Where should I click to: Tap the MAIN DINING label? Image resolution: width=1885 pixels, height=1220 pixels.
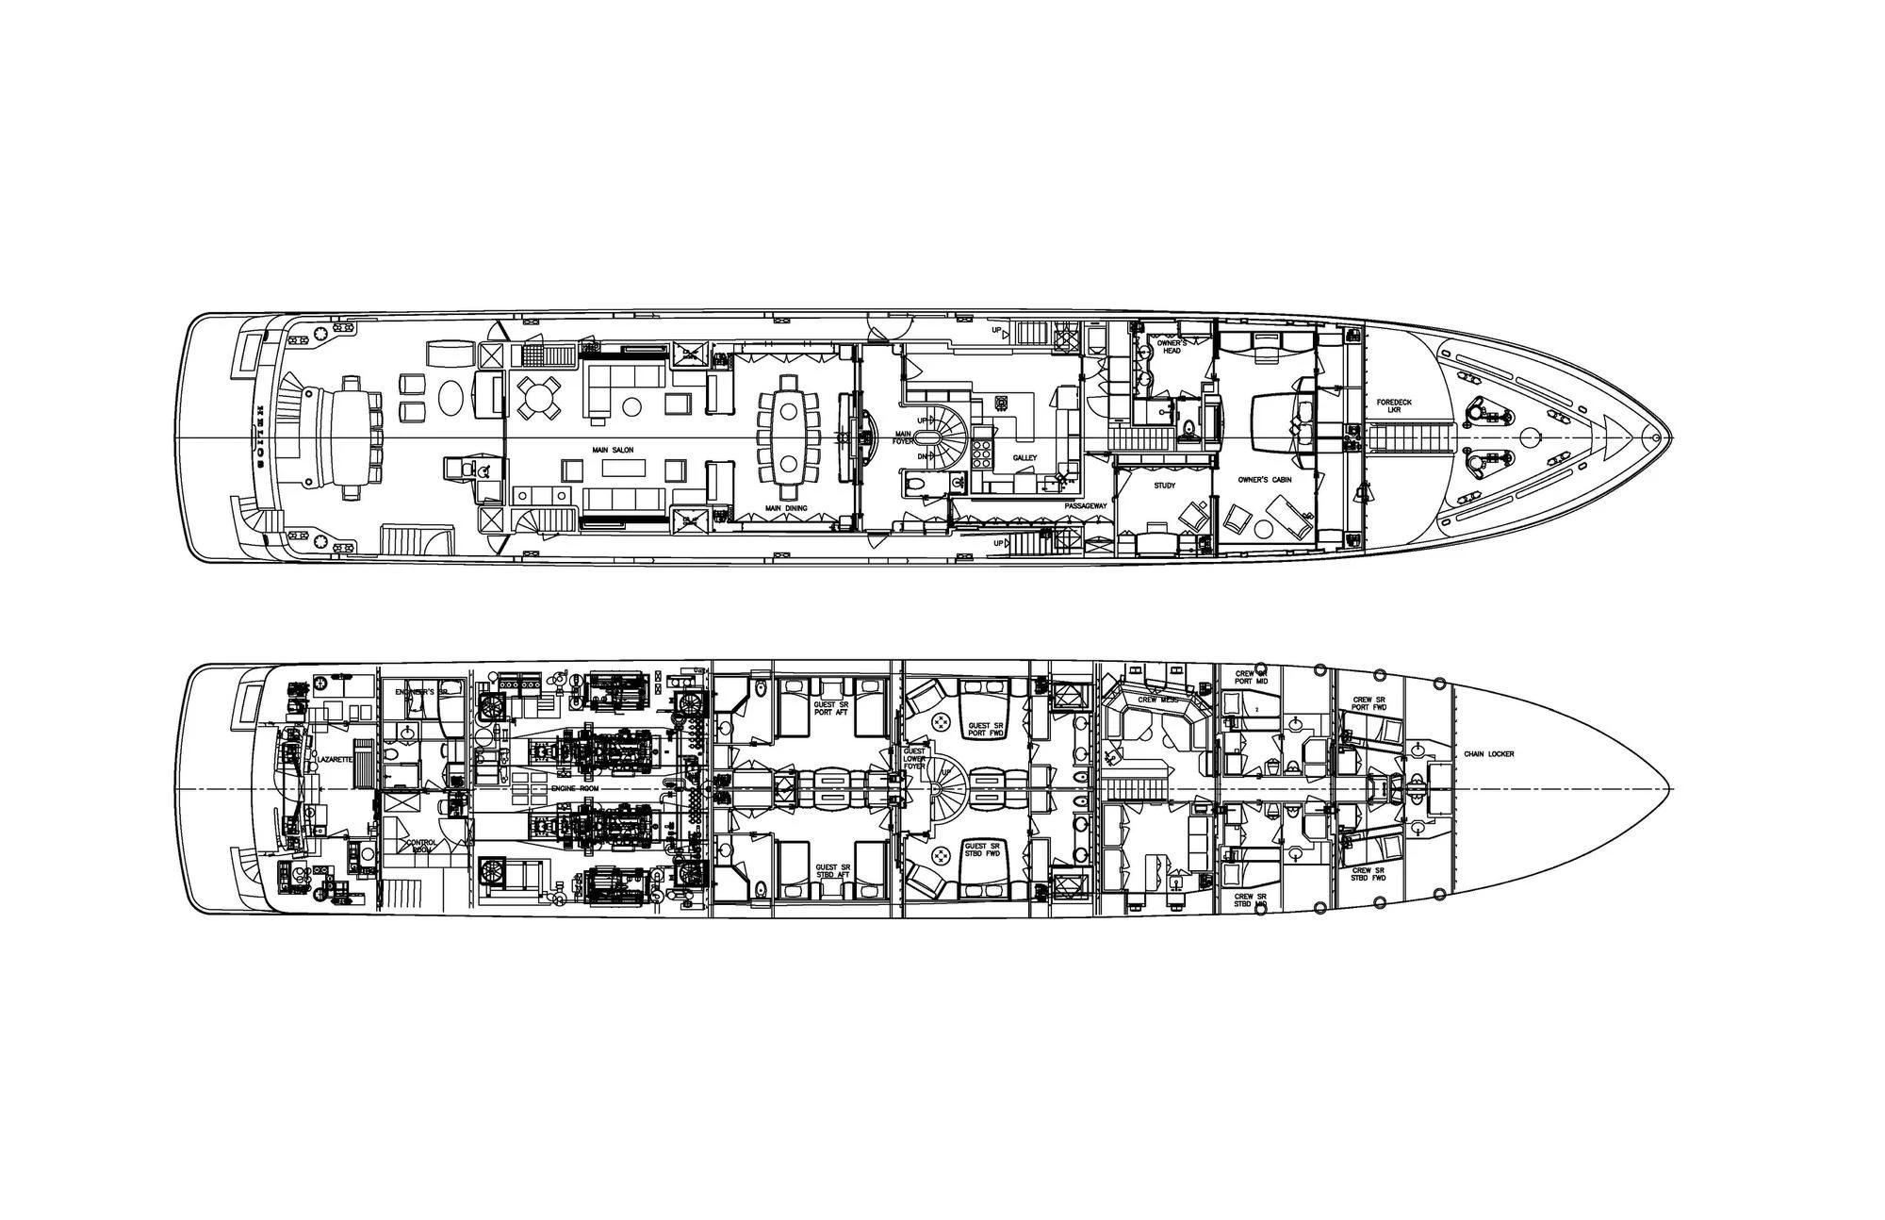(x=785, y=508)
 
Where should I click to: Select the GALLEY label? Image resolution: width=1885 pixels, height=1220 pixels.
(x=1024, y=458)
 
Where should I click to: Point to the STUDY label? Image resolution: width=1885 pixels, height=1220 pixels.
(x=1165, y=486)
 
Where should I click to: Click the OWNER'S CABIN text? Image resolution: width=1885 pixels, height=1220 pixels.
(x=1265, y=480)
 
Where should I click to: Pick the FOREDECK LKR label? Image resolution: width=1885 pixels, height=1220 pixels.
(x=1389, y=406)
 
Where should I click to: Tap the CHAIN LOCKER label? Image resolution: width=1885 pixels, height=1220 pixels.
(x=1489, y=754)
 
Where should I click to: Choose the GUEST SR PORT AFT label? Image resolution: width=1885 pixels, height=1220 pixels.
(x=832, y=708)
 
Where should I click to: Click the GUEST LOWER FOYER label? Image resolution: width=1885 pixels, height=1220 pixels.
(x=914, y=760)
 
